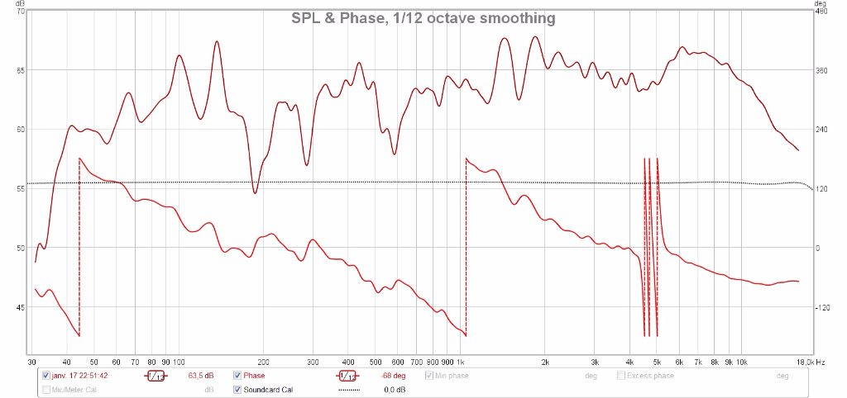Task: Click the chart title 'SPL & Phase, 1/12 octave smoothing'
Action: (423, 18)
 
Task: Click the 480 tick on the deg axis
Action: (821, 11)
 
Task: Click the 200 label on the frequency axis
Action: (264, 362)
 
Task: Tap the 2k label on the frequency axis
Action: (545, 362)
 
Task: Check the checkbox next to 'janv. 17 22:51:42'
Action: (46, 376)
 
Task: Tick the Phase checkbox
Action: (237, 376)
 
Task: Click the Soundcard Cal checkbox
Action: (237, 390)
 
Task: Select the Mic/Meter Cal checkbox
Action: (46, 390)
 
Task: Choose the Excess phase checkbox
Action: (621, 376)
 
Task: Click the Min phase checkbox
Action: (429, 376)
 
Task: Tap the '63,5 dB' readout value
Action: (201, 376)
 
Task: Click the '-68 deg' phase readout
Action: (392, 376)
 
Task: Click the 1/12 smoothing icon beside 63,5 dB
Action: (156, 376)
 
